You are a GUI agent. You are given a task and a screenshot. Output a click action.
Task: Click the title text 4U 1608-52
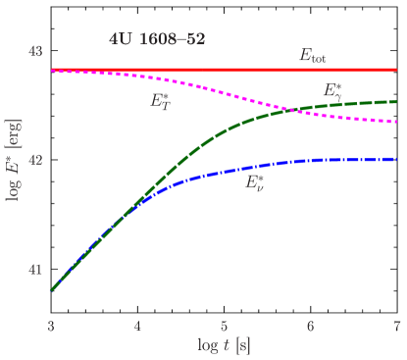point(157,41)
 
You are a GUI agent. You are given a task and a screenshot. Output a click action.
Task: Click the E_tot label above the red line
point(313,58)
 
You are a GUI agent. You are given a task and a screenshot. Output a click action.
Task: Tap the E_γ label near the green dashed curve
point(333,91)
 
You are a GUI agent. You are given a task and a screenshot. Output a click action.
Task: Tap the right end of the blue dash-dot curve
point(396,159)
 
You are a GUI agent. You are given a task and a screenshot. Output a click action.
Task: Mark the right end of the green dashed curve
point(396,101)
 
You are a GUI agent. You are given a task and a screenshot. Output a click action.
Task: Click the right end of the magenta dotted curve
point(396,122)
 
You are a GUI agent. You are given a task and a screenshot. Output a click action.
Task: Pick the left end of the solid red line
point(52,71)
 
